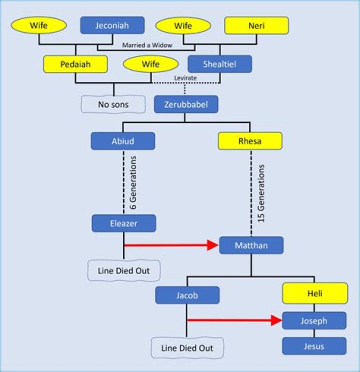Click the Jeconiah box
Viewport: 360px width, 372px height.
[112, 25]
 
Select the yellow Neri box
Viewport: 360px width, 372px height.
[256, 25]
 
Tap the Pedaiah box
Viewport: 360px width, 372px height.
[75, 64]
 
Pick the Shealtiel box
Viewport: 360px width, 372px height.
[219, 64]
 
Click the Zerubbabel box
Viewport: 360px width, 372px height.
[185, 104]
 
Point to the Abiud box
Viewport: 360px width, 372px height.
[122, 141]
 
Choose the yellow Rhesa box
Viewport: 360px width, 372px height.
[250, 141]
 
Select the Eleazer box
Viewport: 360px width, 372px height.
[123, 223]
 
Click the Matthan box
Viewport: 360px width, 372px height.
[251, 245]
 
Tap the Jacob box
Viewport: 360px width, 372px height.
[187, 295]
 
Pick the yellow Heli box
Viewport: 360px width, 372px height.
[314, 293]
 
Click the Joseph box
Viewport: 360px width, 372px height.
[314, 320]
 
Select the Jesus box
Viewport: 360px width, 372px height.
[314, 346]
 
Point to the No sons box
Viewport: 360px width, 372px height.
[113, 104]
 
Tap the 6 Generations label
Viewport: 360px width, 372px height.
[133, 182]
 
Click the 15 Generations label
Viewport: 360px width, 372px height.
[261, 193]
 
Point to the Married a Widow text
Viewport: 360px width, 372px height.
[148, 45]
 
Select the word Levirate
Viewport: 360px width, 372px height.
[185, 78]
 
